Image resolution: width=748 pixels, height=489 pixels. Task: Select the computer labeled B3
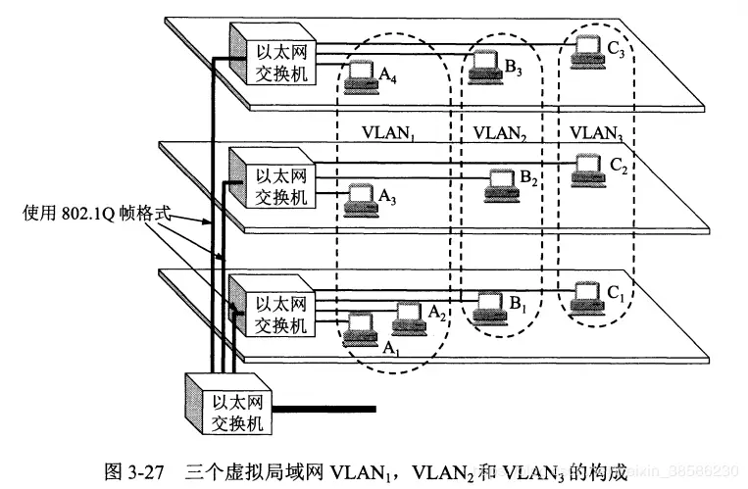coord(484,66)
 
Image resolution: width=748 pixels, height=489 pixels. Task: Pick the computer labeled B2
coord(501,182)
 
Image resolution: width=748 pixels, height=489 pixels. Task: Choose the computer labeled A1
coord(362,326)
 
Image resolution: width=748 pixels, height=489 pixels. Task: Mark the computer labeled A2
coord(409,316)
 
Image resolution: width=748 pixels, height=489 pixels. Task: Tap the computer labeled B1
coord(486,304)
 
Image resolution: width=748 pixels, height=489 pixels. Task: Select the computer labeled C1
coord(587,294)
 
